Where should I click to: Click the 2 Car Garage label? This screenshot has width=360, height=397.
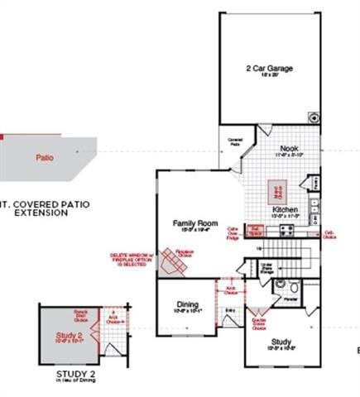pos(268,68)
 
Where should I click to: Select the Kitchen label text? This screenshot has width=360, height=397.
pos(285,211)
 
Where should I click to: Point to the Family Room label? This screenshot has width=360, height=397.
pos(194,223)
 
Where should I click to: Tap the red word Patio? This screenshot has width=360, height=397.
pos(45,156)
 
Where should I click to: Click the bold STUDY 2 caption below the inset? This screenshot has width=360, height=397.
pos(77,374)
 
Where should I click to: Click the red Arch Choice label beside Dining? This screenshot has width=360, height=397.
pos(230,290)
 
